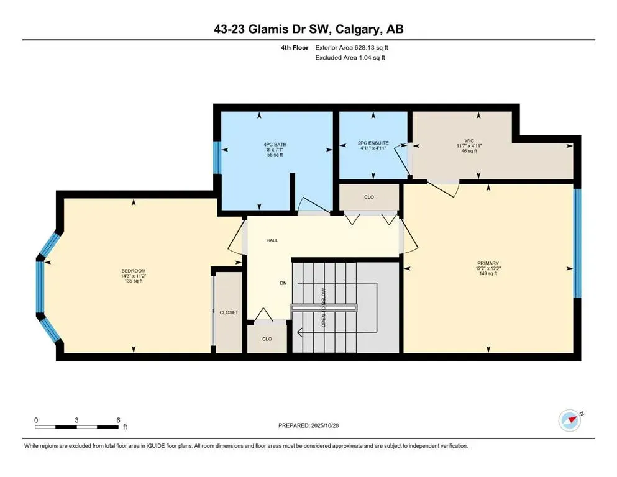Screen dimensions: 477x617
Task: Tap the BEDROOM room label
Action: [x=133, y=271]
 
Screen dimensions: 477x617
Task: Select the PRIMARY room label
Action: [x=489, y=263]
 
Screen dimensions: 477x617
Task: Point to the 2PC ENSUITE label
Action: [x=373, y=143]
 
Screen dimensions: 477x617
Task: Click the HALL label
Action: [x=272, y=240]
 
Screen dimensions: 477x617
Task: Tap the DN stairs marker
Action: [x=283, y=283]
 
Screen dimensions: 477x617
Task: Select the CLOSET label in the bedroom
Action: [x=229, y=312]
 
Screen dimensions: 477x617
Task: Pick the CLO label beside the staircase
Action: [x=267, y=339]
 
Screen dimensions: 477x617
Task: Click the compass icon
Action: [x=569, y=420]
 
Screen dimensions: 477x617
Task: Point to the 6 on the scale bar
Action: [x=118, y=420]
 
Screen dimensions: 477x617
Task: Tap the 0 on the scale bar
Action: [x=37, y=420]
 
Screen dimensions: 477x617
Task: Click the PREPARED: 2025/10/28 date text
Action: [x=309, y=425]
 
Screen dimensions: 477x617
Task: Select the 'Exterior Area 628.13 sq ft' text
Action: [x=354, y=47]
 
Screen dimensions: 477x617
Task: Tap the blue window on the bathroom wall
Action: [x=217, y=158]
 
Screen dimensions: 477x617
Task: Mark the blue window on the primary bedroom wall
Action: [x=577, y=243]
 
